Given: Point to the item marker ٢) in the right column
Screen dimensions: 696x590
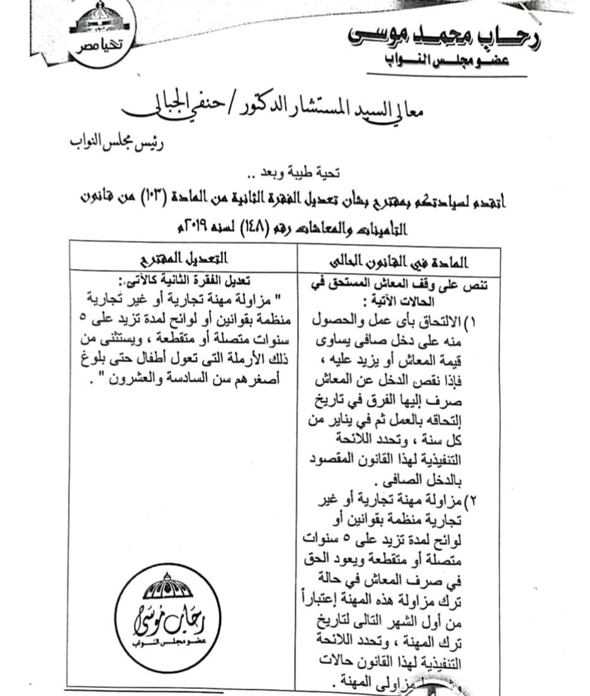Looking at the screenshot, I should coord(472,501).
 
